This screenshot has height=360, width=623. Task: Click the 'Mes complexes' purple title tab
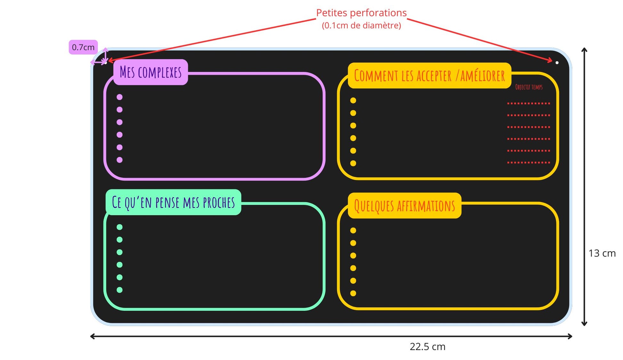pos(150,72)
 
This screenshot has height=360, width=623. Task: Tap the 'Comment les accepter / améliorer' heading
pos(429,76)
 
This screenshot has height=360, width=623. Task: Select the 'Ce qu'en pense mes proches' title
pos(173,202)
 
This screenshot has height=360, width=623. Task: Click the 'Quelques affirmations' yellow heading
pos(404,206)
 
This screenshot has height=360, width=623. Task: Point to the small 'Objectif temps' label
pos(529,87)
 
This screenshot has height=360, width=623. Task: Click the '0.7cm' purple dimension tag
pos(83,47)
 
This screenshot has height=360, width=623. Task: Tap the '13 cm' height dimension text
pos(602,253)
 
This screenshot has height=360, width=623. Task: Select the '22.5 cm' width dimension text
pos(427,347)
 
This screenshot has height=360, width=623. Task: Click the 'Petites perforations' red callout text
pos(361,13)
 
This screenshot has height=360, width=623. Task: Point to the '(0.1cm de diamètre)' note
pos(361,26)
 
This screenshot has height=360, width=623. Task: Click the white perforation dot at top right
pos(557,63)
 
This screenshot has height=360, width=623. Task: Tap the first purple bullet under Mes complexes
pos(119,97)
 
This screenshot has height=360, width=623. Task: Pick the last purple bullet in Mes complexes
pos(119,160)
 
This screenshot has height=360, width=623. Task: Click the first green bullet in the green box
pos(119,227)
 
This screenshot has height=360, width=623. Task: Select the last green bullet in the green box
pos(119,290)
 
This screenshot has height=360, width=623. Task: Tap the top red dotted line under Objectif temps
pos(529,103)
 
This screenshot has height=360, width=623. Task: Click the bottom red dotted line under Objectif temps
pos(529,163)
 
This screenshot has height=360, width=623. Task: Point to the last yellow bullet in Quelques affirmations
pos(353,293)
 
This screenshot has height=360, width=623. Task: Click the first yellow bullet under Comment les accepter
pos(353,100)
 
